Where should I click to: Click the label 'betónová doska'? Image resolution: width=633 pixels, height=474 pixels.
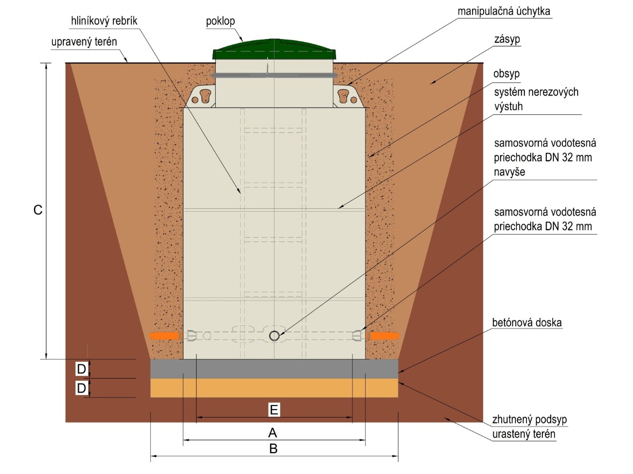[x=525, y=321]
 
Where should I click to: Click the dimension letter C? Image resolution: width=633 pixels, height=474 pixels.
[x=37, y=210]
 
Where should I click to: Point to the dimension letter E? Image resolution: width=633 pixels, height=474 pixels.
[x=274, y=409]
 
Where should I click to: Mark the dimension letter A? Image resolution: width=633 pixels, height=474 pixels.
[x=273, y=433]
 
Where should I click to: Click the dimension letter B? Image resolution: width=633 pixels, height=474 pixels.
[x=273, y=449]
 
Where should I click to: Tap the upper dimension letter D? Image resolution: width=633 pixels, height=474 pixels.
[x=81, y=369]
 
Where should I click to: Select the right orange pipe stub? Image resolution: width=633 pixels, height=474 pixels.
[x=385, y=336]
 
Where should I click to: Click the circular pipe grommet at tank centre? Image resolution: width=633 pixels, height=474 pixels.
[x=275, y=336]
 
